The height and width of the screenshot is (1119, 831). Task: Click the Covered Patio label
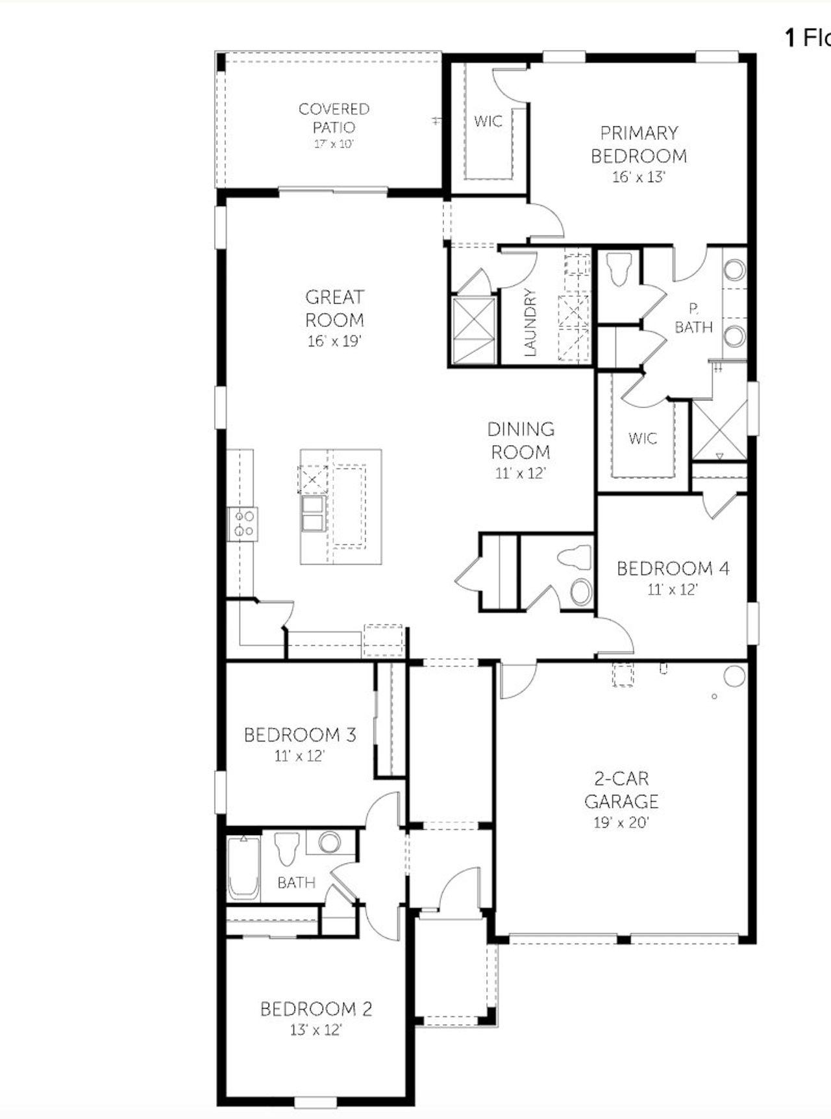pos(334,118)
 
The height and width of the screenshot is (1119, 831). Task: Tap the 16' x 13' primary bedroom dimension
pos(639,177)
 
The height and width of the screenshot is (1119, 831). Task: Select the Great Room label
pos(334,308)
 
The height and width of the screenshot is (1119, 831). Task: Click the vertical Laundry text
pos(530,322)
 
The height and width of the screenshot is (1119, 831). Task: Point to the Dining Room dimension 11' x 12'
pos(520,473)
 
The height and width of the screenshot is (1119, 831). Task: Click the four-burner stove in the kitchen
pos(245,524)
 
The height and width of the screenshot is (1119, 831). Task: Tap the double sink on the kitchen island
pos(313,513)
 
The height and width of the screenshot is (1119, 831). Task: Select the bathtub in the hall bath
pos(243,868)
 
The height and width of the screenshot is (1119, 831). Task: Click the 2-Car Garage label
pos(621,789)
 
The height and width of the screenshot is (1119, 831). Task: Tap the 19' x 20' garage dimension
pos(621,823)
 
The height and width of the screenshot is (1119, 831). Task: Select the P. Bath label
pos(693,318)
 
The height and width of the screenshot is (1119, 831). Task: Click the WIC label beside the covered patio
pos(488,121)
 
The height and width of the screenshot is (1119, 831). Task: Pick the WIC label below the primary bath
pos(642,438)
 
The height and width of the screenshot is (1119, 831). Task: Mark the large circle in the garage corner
pos(734,676)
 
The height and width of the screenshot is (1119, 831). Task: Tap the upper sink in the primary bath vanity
pos(735,270)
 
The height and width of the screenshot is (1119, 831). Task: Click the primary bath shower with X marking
pos(719,430)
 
